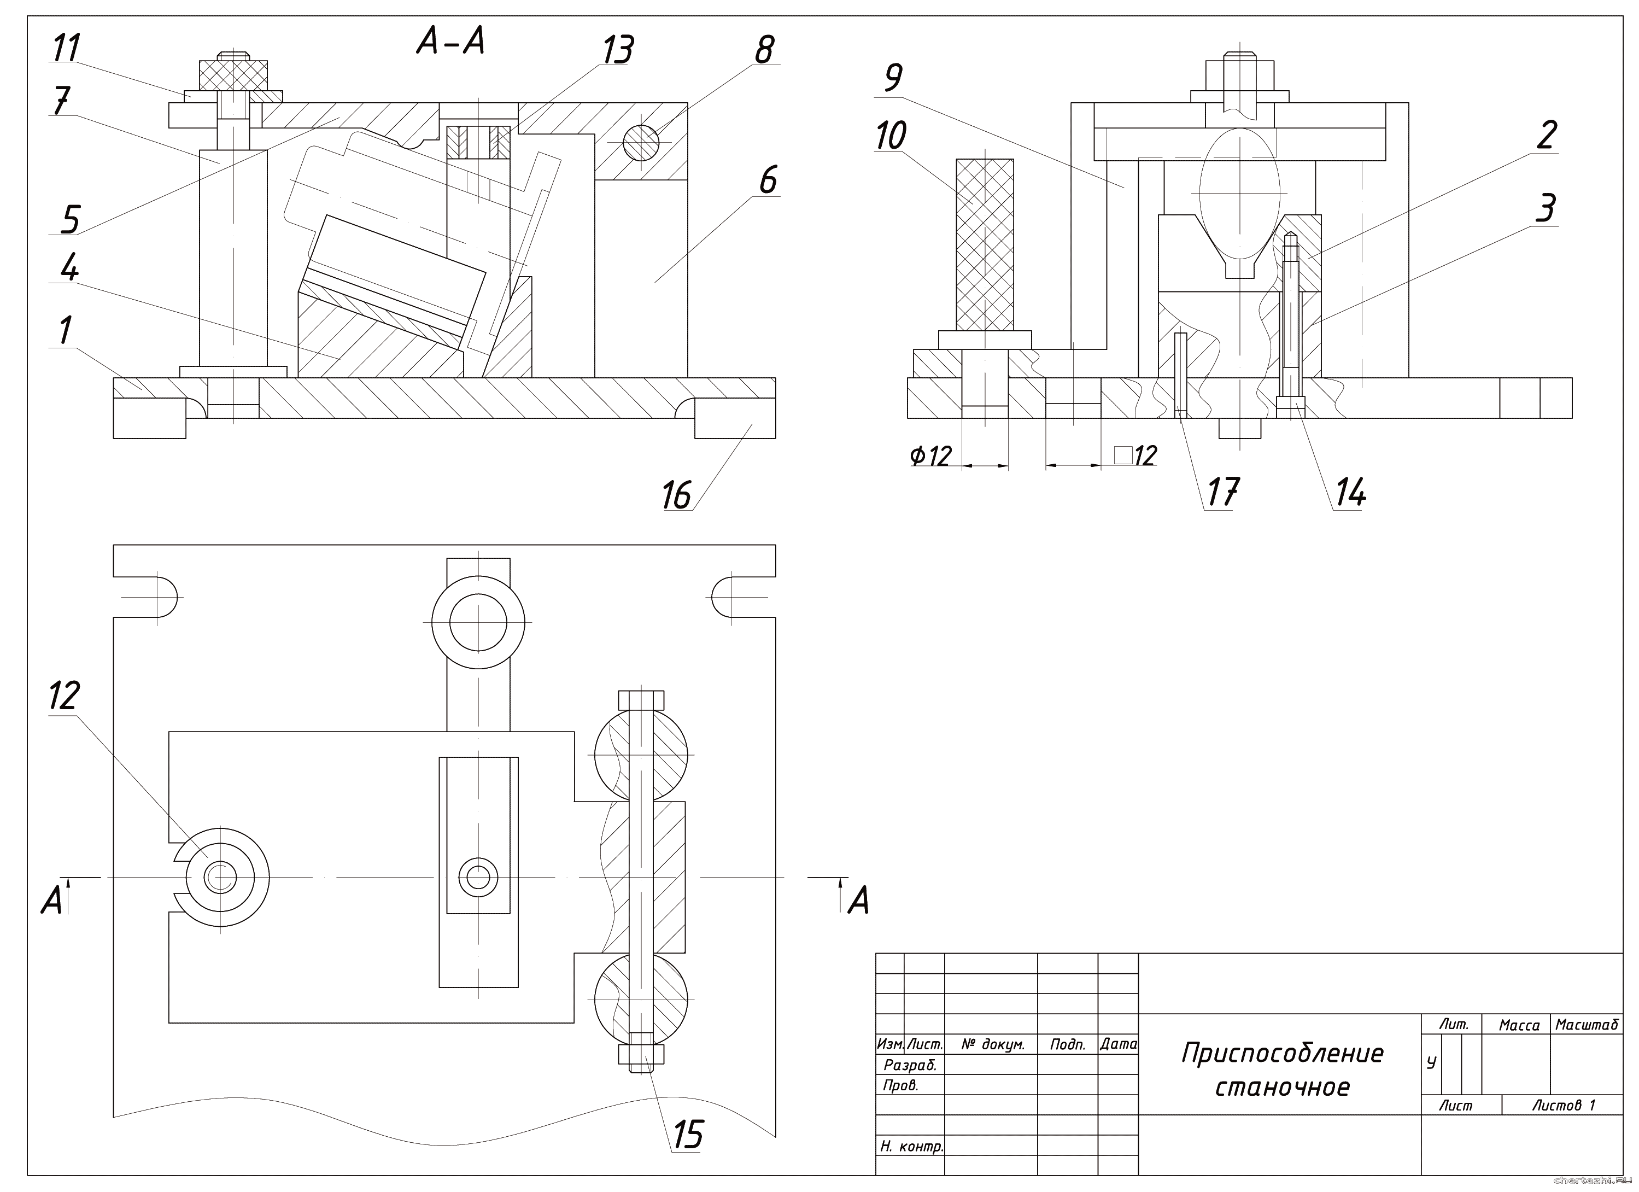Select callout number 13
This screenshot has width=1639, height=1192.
618,51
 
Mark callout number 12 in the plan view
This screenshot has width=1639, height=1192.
63,696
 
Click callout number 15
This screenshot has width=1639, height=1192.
687,1134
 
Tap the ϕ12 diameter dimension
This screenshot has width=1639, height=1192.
931,456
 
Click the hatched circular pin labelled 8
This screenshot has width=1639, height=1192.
641,143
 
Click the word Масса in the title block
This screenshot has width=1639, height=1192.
1519,1025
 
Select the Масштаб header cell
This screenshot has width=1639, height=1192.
1587,1025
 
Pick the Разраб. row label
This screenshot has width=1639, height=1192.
910,1065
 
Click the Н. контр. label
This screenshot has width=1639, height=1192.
911,1146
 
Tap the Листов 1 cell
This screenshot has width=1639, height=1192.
1563,1105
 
